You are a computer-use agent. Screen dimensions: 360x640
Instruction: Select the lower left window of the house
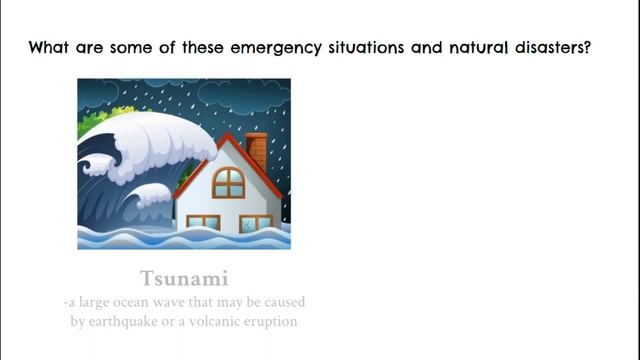[203, 222]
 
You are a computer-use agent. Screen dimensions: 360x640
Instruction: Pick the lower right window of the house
[256, 222]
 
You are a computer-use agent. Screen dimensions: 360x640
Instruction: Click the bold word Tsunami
[184, 277]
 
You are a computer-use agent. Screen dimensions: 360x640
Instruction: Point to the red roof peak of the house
[229, 138]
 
